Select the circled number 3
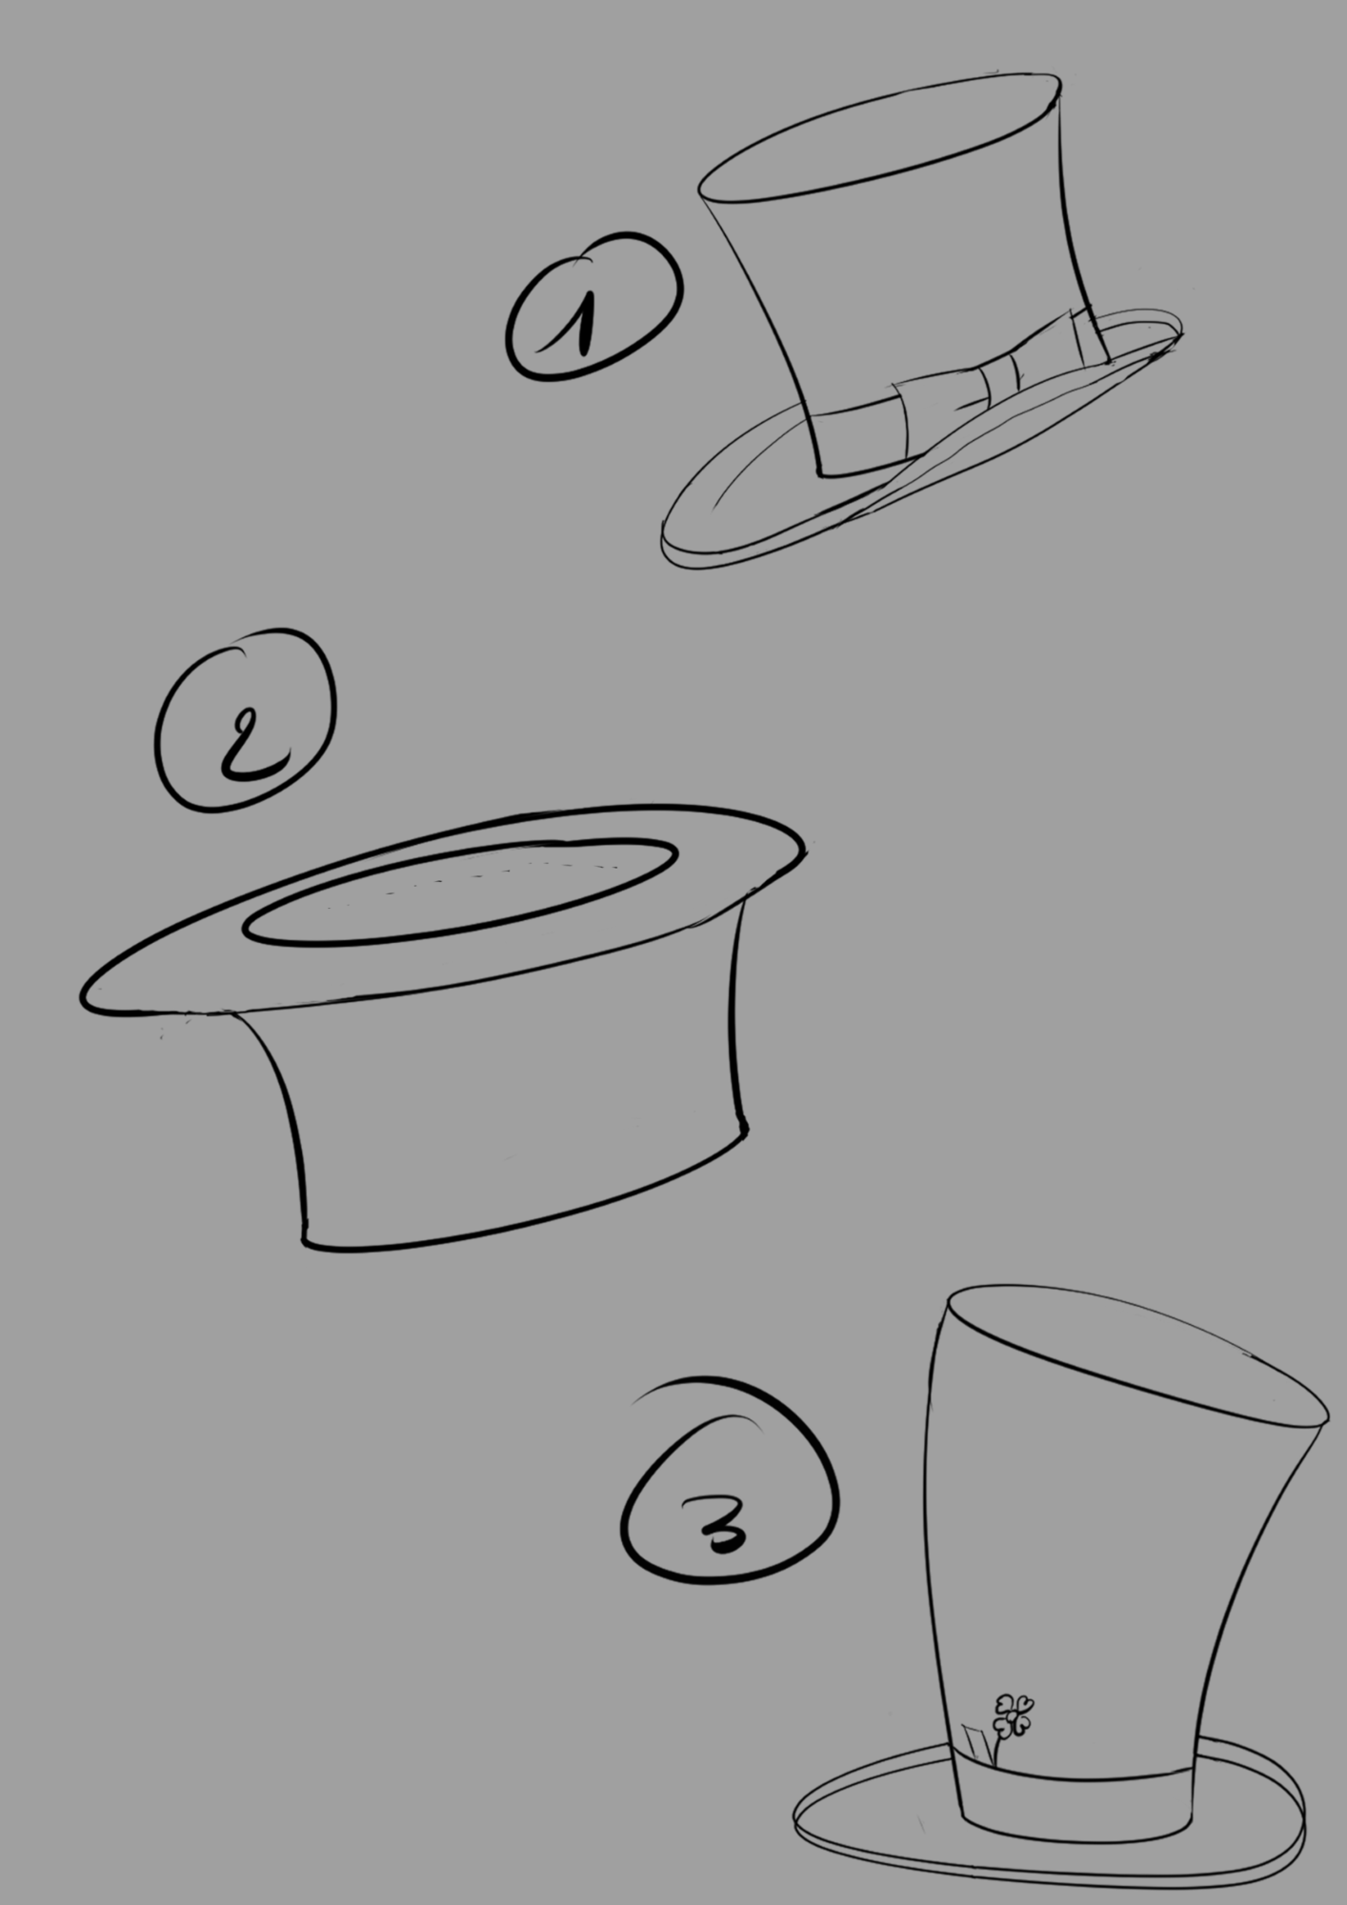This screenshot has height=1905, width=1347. pos(728,1524)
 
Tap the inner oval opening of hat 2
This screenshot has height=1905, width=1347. pos(459,891)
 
